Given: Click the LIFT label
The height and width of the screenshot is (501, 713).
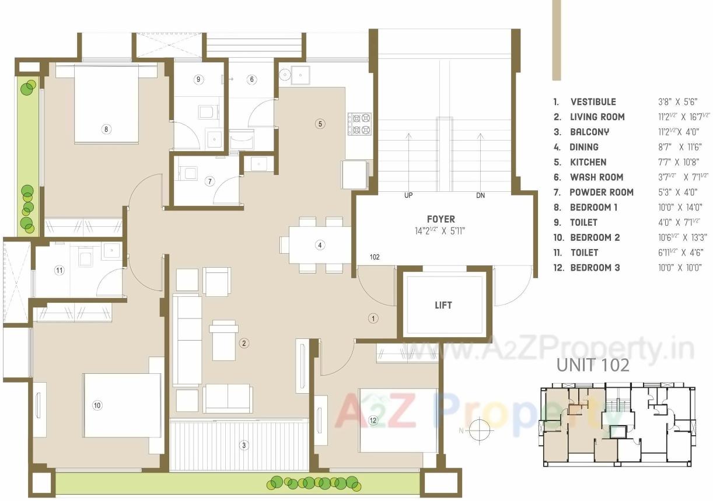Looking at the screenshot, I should click(443, 305).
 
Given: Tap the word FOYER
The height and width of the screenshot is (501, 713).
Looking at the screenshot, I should click(441, 219).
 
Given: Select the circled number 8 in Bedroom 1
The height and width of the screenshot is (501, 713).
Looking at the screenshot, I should click(106, 129).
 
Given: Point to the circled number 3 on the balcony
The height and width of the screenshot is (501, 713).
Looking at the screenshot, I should click(244, 446).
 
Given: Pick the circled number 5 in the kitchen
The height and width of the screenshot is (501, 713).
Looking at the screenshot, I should click(319, 123).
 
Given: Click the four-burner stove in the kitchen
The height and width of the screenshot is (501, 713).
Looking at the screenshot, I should click(359, 124).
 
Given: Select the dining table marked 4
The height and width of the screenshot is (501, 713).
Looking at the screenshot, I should click(319, 245).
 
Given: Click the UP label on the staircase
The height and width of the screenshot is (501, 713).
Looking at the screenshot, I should click(408, 196).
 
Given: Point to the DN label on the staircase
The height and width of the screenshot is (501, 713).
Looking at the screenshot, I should click(480, 196).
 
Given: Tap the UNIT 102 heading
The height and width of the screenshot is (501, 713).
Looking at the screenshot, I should click(593, 365).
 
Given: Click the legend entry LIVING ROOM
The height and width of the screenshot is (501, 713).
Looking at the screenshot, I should click(597, 117).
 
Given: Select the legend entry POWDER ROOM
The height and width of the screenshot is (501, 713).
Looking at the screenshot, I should click(601, 192).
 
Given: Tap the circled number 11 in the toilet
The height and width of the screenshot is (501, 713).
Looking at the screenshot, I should click(59, 270).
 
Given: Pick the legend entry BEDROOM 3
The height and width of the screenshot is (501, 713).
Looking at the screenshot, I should click(595, 268).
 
